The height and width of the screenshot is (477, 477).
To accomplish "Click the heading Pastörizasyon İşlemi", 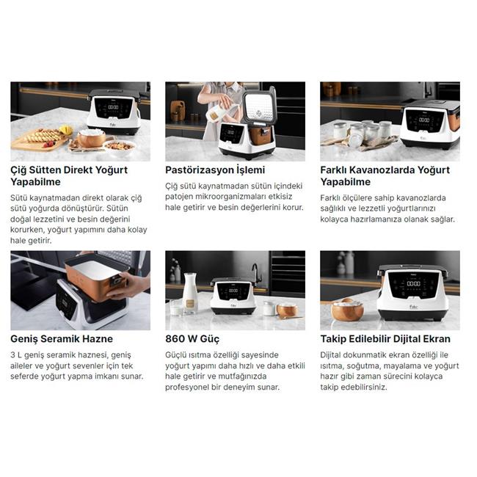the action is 215,170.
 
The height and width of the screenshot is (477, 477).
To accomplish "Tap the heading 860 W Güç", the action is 192,339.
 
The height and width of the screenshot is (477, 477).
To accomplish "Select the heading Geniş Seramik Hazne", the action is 62,339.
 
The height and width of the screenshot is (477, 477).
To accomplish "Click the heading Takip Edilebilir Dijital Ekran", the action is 385,339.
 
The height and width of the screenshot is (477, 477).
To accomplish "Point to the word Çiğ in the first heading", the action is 18,170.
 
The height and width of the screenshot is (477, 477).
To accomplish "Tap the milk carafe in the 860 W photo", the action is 190,293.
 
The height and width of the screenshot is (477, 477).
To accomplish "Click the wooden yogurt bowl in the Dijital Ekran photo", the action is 347,310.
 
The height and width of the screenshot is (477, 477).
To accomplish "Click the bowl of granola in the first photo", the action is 119,147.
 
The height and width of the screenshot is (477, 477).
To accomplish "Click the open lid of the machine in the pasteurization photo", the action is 259,105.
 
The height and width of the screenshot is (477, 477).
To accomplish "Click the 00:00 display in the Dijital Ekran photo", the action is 414,283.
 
